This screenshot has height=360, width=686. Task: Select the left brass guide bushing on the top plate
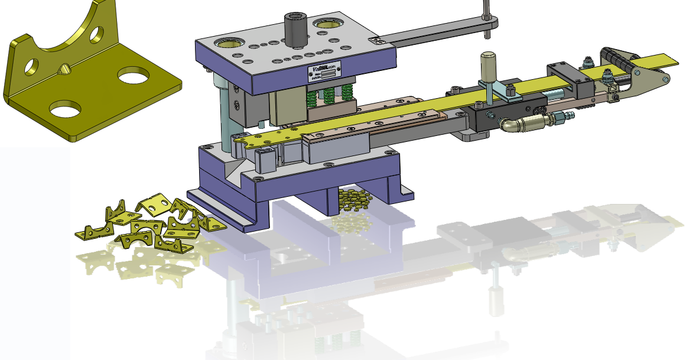227,43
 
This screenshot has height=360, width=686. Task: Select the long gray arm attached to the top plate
431,37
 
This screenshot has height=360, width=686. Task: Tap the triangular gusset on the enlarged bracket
63,70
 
